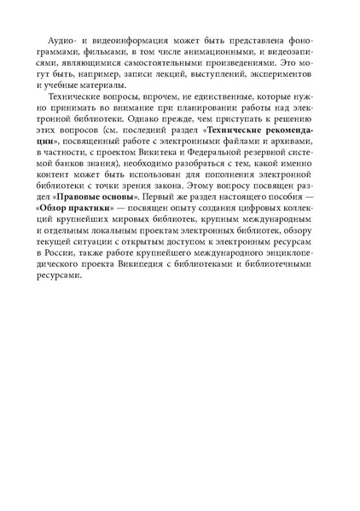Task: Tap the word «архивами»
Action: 281,148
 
